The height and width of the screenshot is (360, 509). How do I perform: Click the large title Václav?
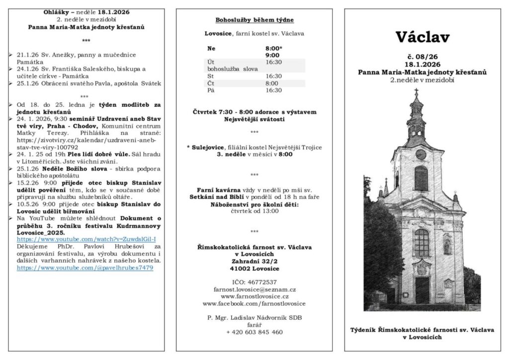422,37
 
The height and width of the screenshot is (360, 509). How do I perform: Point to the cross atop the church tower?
416,92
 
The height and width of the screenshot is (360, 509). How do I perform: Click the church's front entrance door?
422,290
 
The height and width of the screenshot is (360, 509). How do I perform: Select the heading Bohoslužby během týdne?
254,20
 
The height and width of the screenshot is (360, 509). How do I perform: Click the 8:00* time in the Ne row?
273,48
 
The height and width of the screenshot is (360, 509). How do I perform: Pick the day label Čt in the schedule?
211,84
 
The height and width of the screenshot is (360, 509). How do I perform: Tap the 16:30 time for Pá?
273,90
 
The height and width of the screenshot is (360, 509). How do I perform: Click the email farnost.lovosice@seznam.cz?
254,289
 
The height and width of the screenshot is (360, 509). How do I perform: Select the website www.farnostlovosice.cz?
254,296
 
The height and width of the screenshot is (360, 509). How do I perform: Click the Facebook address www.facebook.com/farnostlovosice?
254,303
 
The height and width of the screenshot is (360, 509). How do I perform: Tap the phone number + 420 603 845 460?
254,332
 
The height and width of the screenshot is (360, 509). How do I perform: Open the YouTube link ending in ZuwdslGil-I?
86,239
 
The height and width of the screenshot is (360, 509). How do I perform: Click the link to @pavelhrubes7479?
85,268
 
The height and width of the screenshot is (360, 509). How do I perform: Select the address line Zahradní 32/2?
254,261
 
